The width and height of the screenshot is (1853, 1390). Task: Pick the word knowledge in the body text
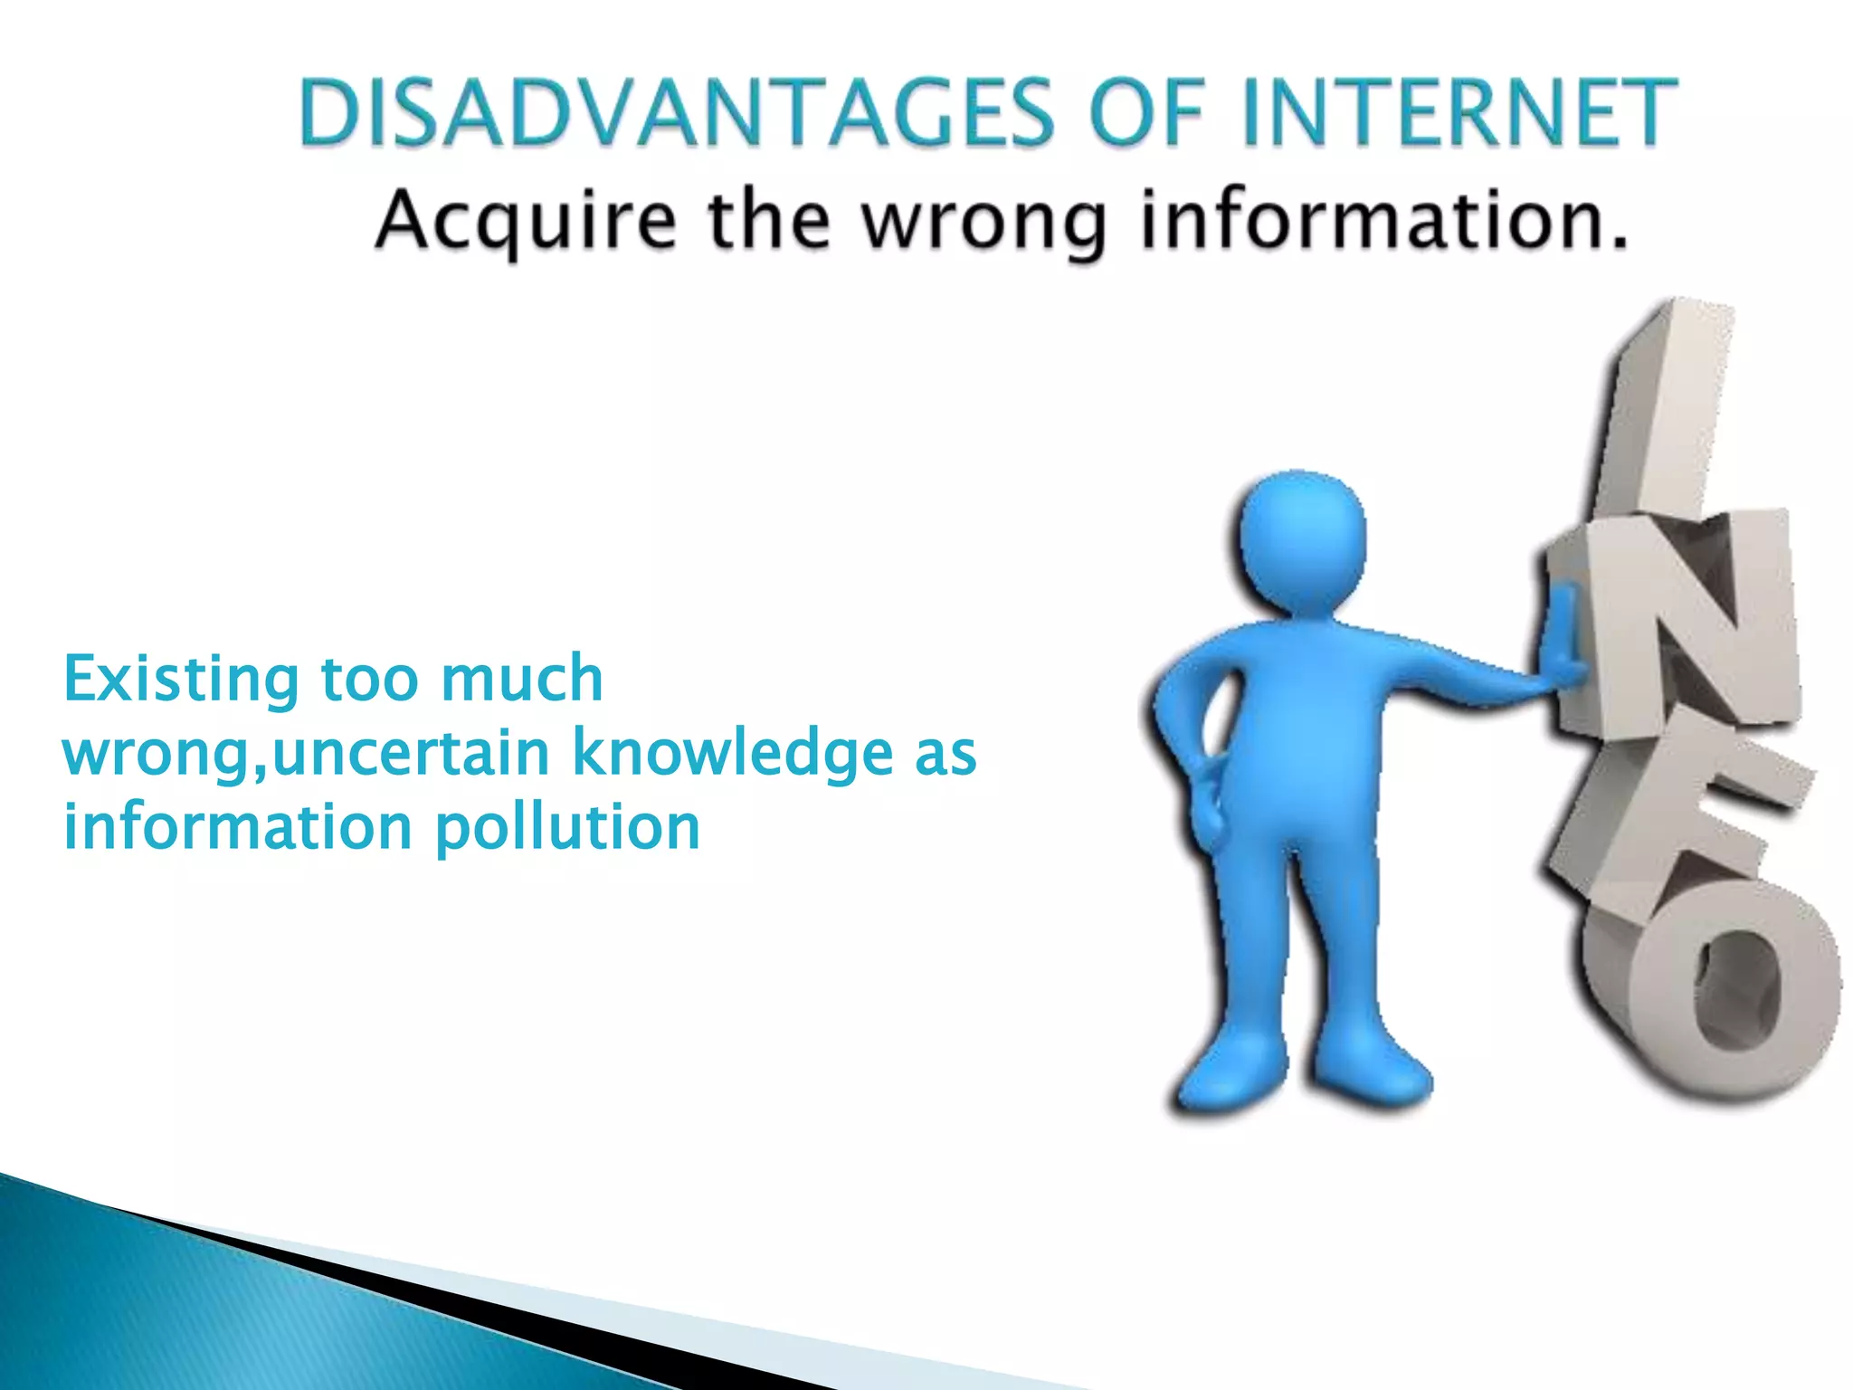(x=733, y=753)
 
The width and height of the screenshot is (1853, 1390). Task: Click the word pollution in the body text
(x=567, y=828)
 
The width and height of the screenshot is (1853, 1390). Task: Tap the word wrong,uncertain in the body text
(x=306, y=754)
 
